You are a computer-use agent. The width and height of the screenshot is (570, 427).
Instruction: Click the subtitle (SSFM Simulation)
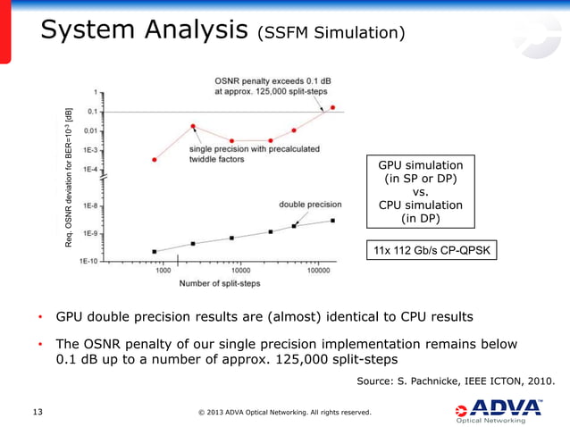[x=331, y=34]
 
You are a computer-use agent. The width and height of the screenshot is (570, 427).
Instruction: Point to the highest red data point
[x=333, y=107]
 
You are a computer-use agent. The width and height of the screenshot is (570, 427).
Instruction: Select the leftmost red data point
[x=155, y=160]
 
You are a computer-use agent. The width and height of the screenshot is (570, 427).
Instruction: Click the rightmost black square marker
[x=333, y=220]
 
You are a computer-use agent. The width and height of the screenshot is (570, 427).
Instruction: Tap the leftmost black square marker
[x=155, y=252]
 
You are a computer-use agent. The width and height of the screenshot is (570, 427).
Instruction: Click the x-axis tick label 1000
[x=163, y=270]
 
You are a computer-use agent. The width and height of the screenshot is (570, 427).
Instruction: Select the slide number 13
[x=38, y=412]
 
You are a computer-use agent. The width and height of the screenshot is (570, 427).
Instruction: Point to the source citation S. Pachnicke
[x=456, y=382]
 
